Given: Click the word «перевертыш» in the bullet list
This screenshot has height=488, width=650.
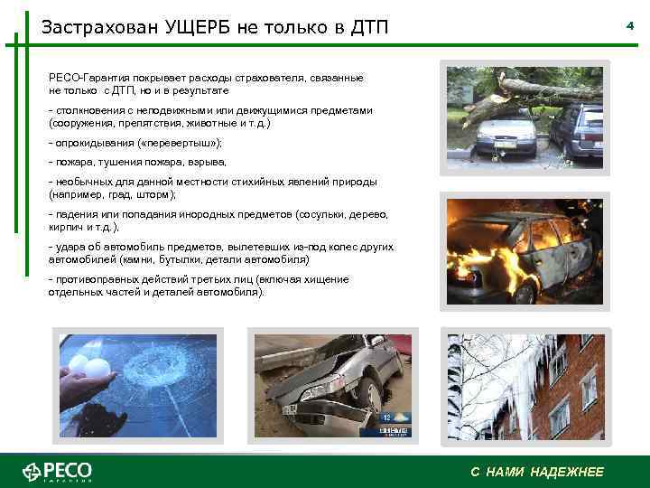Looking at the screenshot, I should click(x=181, y=144).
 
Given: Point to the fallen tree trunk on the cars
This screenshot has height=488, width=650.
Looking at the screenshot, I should click(x=542, y=90).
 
